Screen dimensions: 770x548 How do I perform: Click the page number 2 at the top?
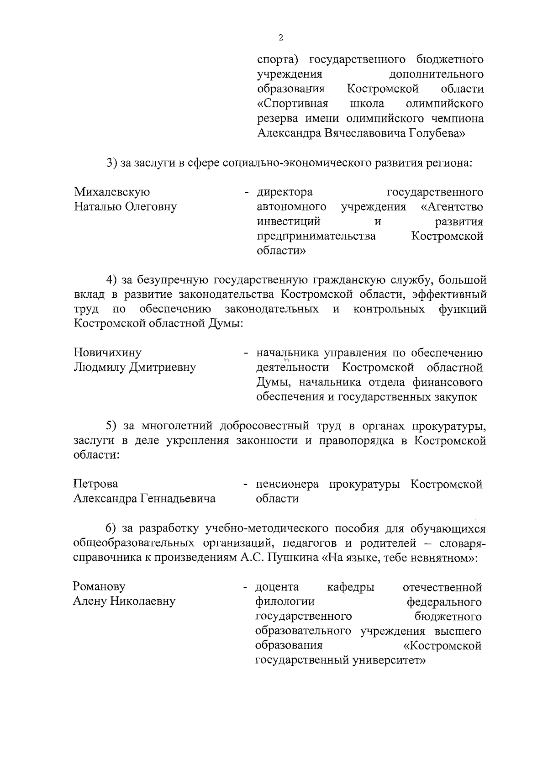pyautogui.click(x=280, y=38)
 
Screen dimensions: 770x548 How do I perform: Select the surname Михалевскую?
pyautogui.click(x=112, y=192)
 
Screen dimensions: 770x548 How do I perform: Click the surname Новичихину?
pyautogui.click(x=108, y=353)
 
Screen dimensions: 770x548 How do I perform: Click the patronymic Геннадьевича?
pyautogui.click(x=178, y=499)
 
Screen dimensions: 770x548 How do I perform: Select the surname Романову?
pyautogui.click(x=99, y=587)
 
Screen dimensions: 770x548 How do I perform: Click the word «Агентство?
pyautogui.click(x=451, y=207)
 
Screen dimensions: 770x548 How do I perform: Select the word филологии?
pyautogui.click(x=285, y=601)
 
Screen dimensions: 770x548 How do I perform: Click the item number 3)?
pyautogui.click(x=112, y=163)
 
